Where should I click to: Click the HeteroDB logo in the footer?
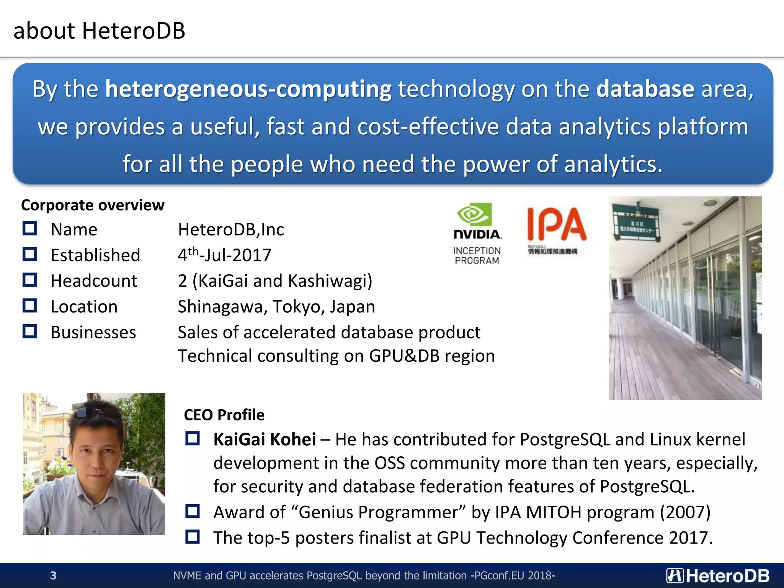point(718,575)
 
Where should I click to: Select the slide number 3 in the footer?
point(53,575)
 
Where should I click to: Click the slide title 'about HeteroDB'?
point(99,31)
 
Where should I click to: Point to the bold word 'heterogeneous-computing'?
point(248,89)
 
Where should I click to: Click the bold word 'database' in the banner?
point(645,89)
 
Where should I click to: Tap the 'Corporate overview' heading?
point(93,205)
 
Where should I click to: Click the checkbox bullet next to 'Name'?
point(29,229)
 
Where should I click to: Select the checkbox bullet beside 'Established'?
point(29,255)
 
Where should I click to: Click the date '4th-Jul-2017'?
point(224,255)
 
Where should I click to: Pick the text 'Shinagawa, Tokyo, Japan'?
point(276,307)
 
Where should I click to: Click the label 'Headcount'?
point(94,281)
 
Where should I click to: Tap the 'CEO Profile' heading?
point(224,415)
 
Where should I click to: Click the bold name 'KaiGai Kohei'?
point(265,439)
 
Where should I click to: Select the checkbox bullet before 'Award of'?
point(192,511)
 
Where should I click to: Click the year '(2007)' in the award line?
point(685,512)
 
